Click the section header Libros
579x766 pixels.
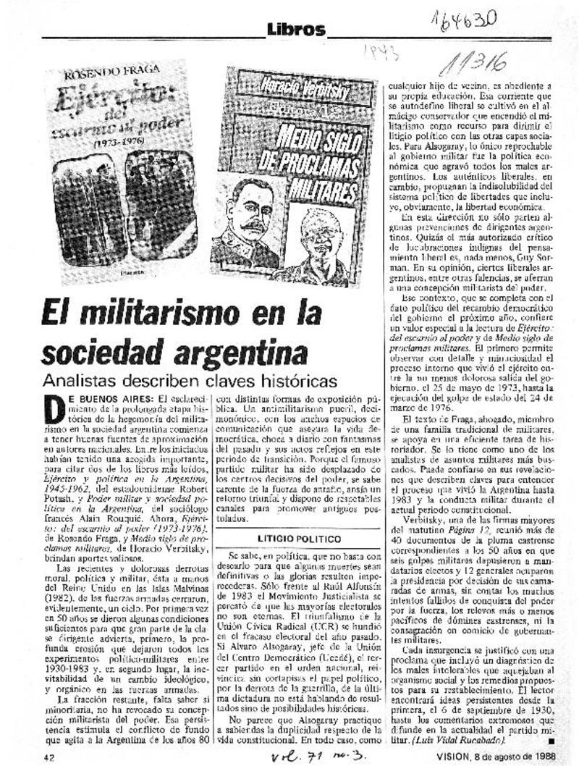pyautogui.click(x=296, y=30)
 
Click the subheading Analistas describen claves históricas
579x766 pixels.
pyautogui.click(x=189, y=380)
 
